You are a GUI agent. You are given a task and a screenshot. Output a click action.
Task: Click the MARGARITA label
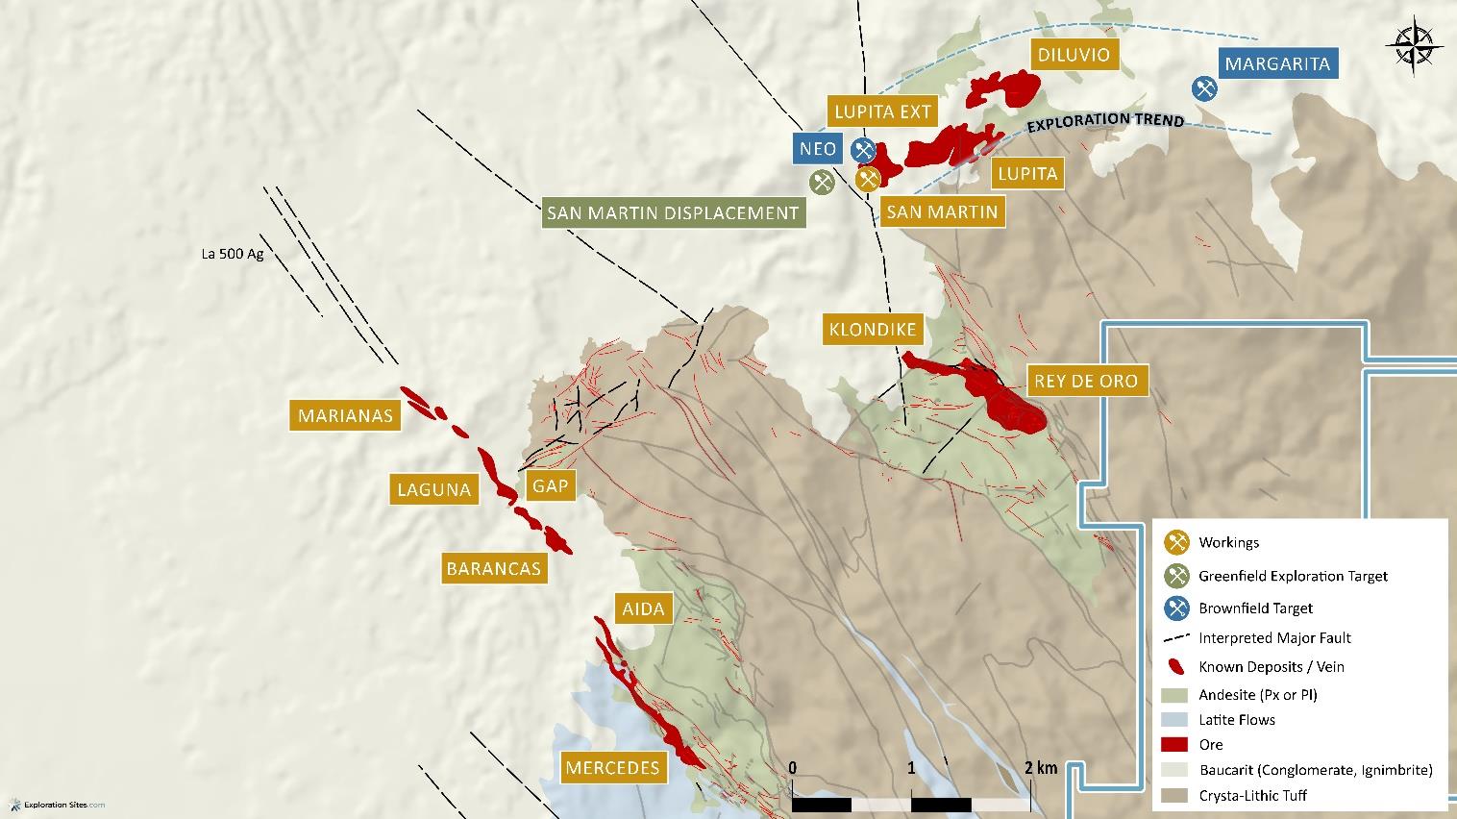(1277, 63)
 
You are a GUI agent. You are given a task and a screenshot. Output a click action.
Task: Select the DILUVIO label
(1074, 55)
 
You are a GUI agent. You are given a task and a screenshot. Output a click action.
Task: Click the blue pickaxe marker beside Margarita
(1204, 88)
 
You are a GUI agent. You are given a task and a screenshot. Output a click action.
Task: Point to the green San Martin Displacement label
(673, 213)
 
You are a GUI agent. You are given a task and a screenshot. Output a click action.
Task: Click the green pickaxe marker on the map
(821, 181)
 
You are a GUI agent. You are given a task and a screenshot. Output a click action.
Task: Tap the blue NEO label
(819, 149)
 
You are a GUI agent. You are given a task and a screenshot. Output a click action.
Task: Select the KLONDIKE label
(873, 330)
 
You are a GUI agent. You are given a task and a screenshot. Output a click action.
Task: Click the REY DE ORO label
(1085, 381)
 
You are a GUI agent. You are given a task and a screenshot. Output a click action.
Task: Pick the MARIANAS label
(345, 415)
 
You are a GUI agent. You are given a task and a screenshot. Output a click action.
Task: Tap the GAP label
(550, 485)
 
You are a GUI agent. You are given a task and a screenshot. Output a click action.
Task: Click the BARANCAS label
(494, 568)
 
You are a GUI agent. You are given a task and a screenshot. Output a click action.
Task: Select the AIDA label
(643, 608)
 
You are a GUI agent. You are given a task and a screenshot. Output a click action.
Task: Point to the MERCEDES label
(612, 767)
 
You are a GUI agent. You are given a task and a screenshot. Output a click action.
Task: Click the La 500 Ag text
(232, 255)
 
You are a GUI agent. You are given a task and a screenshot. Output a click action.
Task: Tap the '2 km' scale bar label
(1040, 767)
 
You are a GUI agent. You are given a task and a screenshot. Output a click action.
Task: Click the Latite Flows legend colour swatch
(1175, 720)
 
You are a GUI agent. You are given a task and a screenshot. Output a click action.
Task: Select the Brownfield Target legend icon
(1176, 608)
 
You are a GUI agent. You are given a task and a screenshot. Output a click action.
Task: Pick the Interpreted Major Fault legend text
(1274, 638)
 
